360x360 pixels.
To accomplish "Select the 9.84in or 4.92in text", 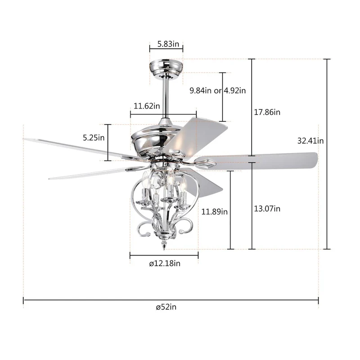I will pyautogui.click(x=218, y=90).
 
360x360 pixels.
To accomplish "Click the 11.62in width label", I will pyautogui.click(x=147, y=106).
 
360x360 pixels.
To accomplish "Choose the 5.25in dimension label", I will pyautogui.click(x=94, y=138).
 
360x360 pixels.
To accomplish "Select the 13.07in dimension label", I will pyautogui.click(x=268, y=208).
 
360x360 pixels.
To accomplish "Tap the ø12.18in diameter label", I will pyautogui.click(x=165, y=264).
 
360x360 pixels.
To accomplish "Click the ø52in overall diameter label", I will pyautogui.click(x=166, y=307).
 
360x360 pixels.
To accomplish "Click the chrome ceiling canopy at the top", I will pyautogui.click(x=166, y=67).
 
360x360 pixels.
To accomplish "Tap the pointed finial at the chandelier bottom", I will pyautogui.click(x=165, y=246).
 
